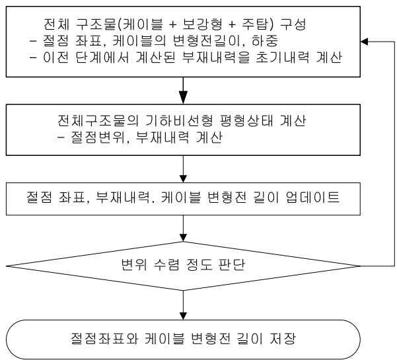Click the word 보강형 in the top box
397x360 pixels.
[x=202, y=24]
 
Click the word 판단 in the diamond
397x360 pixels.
[x=232, y=265]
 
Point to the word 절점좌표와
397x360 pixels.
[x=104, y=338]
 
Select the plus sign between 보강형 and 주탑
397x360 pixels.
[x=232, y=24]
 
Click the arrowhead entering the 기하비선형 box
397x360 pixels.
[x=183, y=98]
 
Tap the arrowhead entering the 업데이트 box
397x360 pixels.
[x=183, y=179]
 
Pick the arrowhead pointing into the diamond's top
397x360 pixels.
[x=183, y=238]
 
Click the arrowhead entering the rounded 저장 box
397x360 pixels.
[x=183, y=316]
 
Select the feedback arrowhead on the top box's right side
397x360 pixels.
[x=364, y=41]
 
